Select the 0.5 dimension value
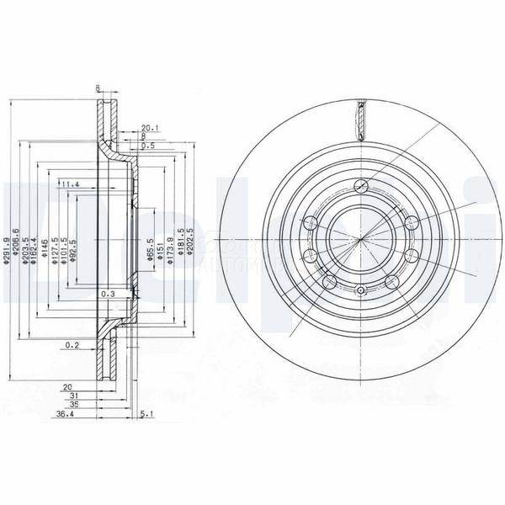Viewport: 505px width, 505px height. [x=149, y=146]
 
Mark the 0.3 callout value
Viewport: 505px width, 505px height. [x=107, y=295]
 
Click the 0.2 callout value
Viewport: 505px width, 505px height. [x=74, y=345]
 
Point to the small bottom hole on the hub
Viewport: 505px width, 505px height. [x=360, y=291]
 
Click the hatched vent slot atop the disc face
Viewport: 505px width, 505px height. [x=360, y=118]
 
